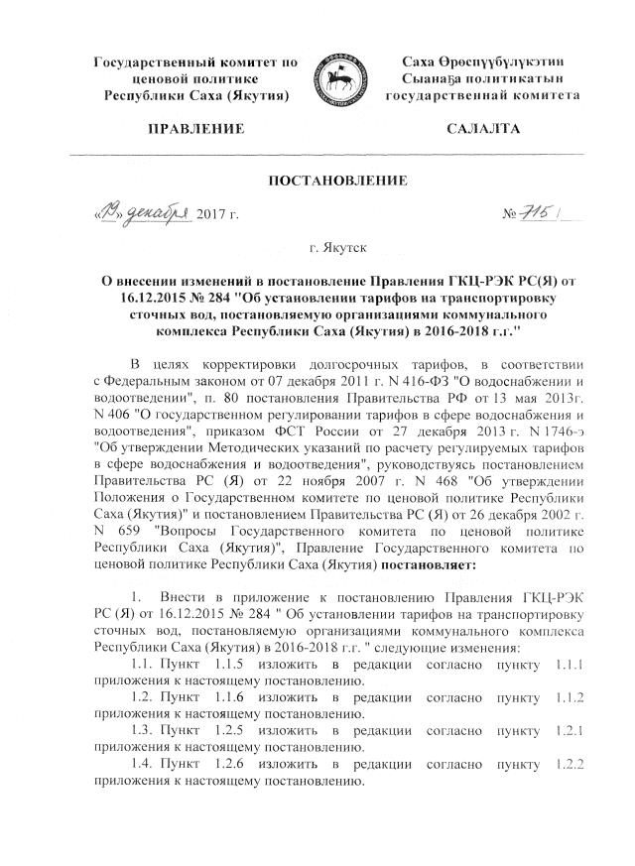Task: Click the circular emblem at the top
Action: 341,79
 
